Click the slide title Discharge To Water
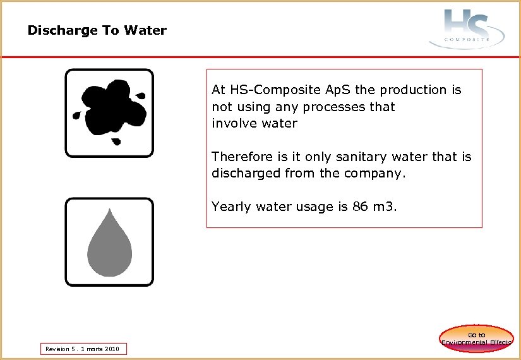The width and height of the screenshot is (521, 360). pyautogui.click(x=97, y=30)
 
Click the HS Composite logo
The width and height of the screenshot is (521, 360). pyautogui.click(x=467, y=28)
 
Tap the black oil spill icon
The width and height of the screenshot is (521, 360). pyautogui.click(x=109, y=112)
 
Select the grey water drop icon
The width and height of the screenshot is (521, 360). pyautogui.click(x=109, y=243)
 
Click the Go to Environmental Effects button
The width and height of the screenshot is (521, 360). pyautogui.click(x=477, y=338)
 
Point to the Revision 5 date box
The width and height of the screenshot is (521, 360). pyautogui.click(x=83, y=349)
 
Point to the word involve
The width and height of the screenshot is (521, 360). pyautogui.click(x=233, y=124)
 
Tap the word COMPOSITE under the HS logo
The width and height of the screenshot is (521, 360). pyautogui.click(x=467, y=39)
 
